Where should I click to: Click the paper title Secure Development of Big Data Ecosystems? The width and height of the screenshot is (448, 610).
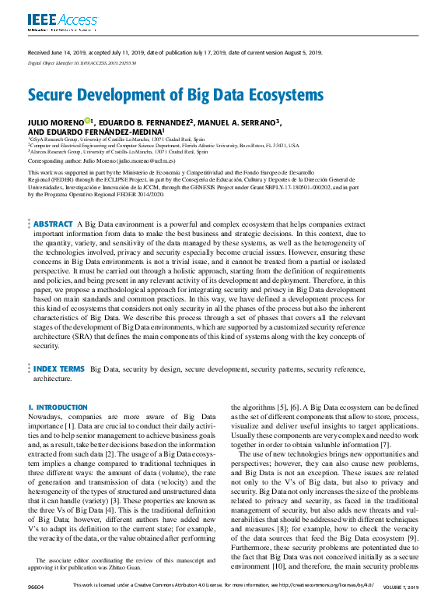pyautogui.click(x=175, y=95)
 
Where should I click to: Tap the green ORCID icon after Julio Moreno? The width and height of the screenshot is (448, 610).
pyautogui.click(x=87, y=121)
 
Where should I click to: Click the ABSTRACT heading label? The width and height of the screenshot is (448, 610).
pyautogui.click(x=54, y=202)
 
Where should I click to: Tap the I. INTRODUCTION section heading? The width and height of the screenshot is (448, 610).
pyautogui.click(x=58, y=407)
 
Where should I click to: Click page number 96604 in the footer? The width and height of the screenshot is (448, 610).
pyautogui.click(x=37, y=605)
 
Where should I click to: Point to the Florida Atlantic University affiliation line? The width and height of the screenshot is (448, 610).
pyautogui.click(x=163, y=145)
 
